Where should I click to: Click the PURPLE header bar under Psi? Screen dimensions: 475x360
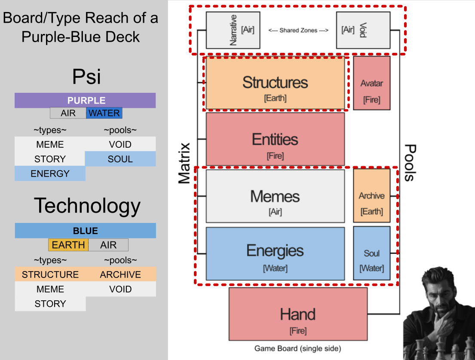pyautogui.click(x=85, y=100)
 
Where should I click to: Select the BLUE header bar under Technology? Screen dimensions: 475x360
pyautogui.click(x=86, y=231)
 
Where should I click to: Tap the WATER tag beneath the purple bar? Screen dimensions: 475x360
pyautogui.click(x=104, y=113)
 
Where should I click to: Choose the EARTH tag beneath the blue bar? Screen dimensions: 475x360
pyautogui.click(x=68, y=244)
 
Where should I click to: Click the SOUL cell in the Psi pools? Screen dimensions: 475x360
pyautogui.click(x=120, y=159)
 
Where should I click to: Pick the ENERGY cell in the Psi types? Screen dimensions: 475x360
pyautogui.click(x=50, y=174)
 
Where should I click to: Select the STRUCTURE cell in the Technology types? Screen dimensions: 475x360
pyautogui.click(x=50, y=275)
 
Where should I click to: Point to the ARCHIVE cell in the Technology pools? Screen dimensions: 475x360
pyautogui.click(x=120, y=275)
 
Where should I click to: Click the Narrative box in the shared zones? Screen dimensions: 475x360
pyautogui.click(x=233, y=30)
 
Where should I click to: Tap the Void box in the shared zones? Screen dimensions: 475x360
pyautogui.click(x=363, y=30)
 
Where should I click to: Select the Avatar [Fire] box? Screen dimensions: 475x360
pyautogui.click(x=372, y=83)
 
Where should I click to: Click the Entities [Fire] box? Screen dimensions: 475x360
pyautogui.click(x=275, y=139)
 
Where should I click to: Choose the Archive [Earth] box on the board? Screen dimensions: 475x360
pyautogui.click(x=372, y=195)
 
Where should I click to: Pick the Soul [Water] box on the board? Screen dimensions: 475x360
pyautogui.click(x=372, y=253)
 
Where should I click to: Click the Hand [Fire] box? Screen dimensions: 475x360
pyautogui.click(x=298, y=314)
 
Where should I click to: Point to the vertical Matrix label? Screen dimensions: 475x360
pyautogui.click(x=184, y=164)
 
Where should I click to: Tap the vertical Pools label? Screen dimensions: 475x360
pyautogui.click(x=410, y=163)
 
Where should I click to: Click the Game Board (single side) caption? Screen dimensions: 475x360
pyautogui.click(x=298, y=348)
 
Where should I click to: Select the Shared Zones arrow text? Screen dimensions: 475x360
pyautogui.click(x=298, y=30)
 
